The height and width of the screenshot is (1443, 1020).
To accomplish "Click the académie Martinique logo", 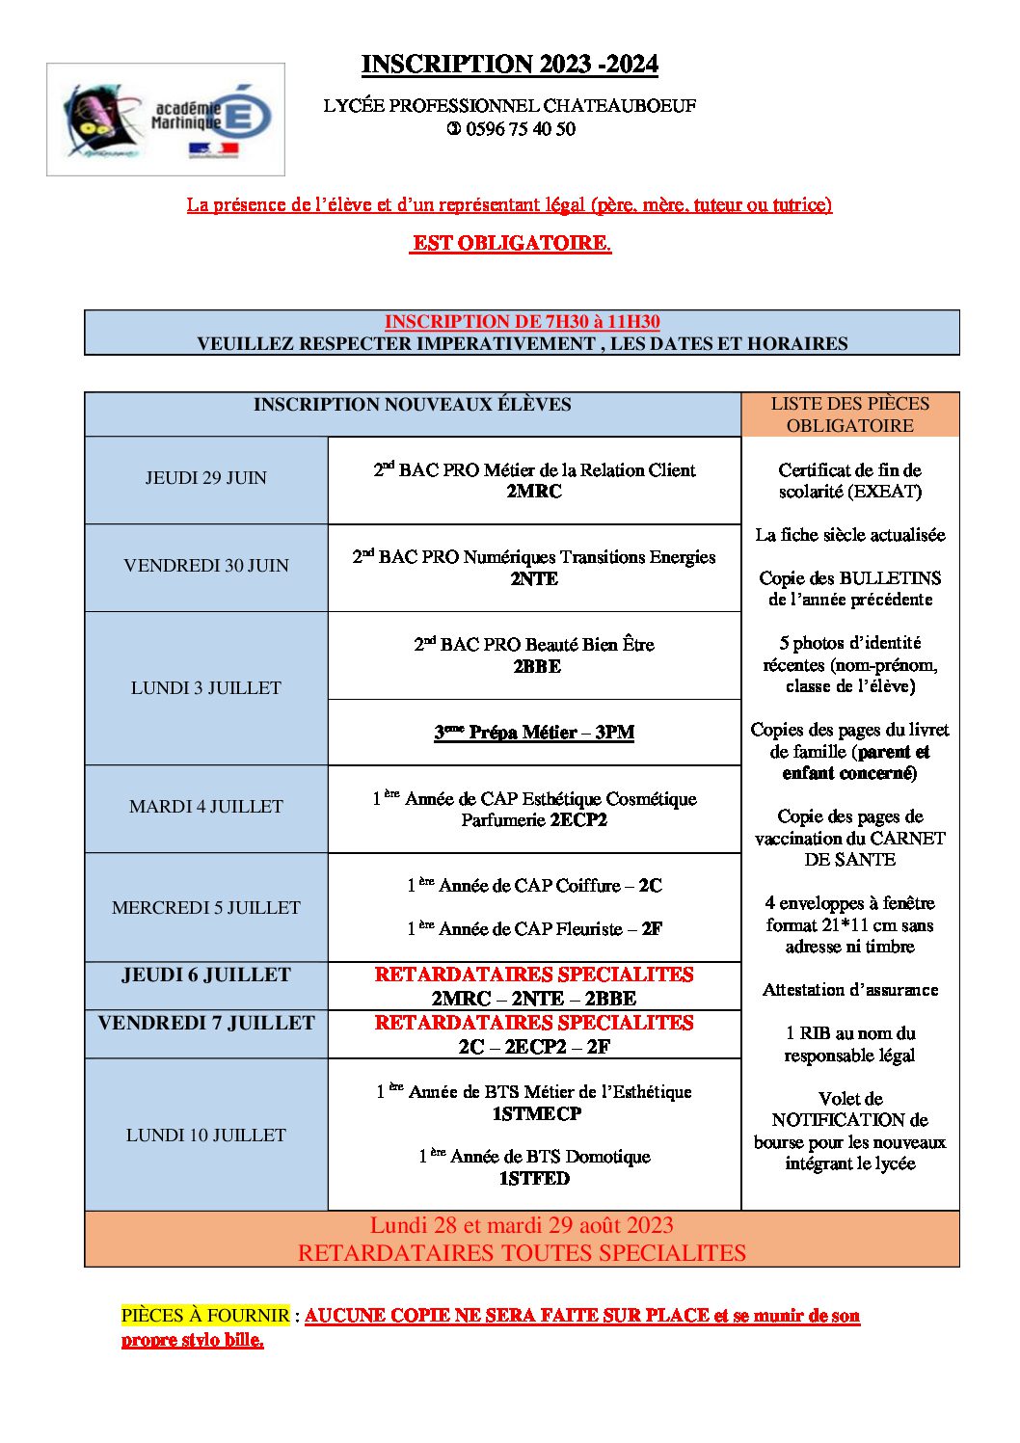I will click(166, 120).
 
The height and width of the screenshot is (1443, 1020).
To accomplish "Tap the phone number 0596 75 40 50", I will click(520, 129).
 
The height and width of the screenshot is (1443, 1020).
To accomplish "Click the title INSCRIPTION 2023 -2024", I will click(509, 65).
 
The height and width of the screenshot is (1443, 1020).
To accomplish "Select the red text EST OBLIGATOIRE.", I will click(510, 243).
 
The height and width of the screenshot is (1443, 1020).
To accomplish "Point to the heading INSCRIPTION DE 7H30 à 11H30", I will click(522, 322).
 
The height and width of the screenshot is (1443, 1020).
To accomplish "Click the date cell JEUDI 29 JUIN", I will click(205, 478).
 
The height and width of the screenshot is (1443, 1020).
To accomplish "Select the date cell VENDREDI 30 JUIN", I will click(205, 566).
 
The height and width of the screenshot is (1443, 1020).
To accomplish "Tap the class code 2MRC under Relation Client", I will click(534, 492).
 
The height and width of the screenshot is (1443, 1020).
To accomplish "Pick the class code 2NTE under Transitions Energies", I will click(534, 579).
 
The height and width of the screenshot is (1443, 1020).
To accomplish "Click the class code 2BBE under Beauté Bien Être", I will click(536, 666).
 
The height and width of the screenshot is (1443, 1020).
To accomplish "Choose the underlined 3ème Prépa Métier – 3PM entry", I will click(534, 733).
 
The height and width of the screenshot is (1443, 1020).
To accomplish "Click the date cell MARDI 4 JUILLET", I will click(205, 807).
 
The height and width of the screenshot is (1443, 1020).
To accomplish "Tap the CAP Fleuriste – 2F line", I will click(534, 929).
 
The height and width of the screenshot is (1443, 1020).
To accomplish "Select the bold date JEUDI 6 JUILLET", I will click(205, 975).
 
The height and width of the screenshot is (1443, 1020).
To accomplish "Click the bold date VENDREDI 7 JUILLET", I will click(205, 1024).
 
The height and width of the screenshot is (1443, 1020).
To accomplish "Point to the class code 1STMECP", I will click(536, 1114).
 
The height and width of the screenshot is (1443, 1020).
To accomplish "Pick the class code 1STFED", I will click(534, 1179).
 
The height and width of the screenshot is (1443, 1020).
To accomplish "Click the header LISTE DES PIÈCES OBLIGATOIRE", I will click(849, 414).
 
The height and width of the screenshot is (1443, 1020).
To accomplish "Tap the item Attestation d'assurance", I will click(849, 990).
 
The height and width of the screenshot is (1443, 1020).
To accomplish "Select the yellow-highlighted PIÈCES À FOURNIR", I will click(204, 1316).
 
